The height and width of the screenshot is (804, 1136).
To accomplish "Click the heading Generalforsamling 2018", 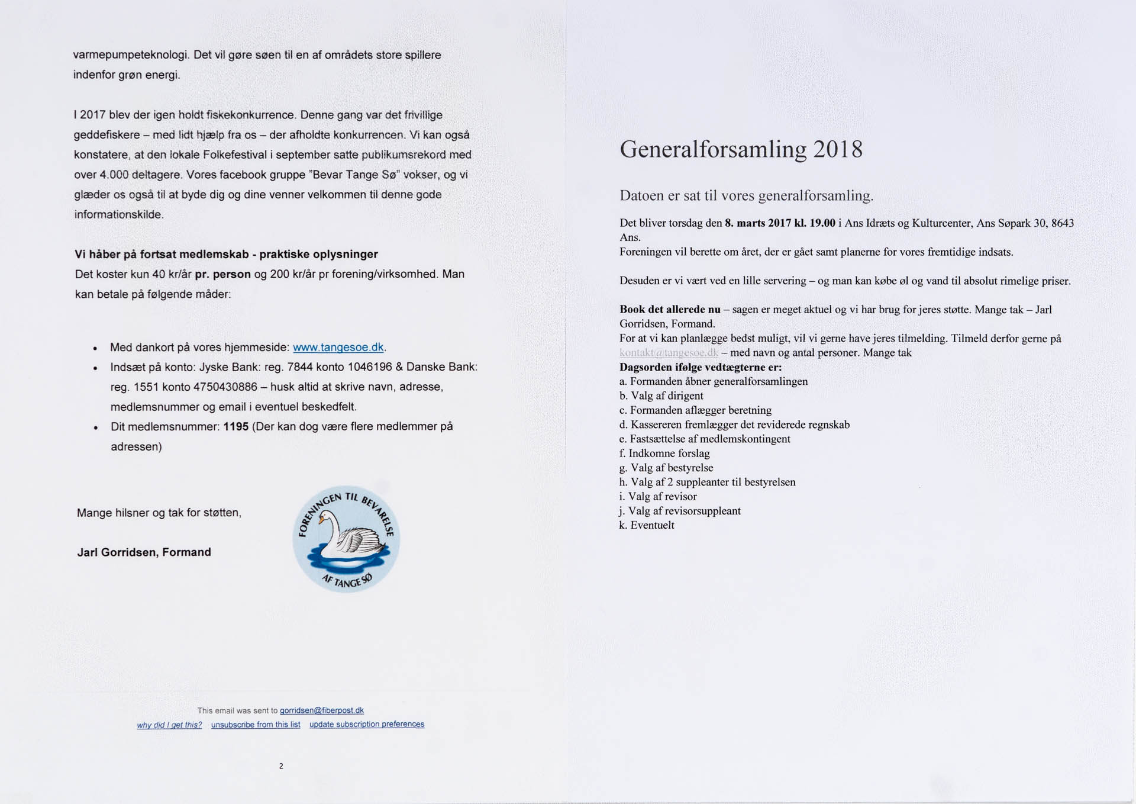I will (x=741, y=149).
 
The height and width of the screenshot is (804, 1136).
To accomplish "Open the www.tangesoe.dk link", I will (x=338, y=348).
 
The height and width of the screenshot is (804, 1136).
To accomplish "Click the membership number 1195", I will (x=235, y=427).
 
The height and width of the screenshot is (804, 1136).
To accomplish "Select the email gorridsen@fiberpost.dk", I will (x=321, y=710).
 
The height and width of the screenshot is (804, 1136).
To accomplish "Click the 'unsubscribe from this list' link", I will (x=256, y=725).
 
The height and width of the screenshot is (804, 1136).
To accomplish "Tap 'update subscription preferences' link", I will (x=367, y=725).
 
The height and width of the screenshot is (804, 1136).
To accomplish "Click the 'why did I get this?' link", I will (x=169, y=725).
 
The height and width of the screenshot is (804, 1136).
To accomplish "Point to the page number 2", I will (x=281, y=766).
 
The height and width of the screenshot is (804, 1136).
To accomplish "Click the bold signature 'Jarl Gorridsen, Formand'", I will (x=144, y=552).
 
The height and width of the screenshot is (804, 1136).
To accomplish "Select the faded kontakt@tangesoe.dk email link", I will (x=669, y=353).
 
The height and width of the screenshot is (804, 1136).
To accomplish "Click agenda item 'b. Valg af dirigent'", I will (x=661, y=396).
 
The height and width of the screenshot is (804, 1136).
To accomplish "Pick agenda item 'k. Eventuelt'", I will (x=647, y=526).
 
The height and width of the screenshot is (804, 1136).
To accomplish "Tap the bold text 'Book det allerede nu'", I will (x=670, y=310).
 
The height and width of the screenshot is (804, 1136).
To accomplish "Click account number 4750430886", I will (x=225, y=387).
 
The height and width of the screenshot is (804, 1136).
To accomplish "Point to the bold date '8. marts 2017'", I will (x=758, y=223).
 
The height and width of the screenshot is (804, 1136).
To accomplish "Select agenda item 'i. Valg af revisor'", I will (x=658, y=497).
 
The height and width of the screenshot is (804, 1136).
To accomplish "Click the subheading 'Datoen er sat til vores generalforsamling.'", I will (x=746, y=196).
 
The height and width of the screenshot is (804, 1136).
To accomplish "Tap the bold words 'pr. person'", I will (x=223, y=274).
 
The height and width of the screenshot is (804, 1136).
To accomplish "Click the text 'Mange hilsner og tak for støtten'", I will (x=159, y=513).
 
